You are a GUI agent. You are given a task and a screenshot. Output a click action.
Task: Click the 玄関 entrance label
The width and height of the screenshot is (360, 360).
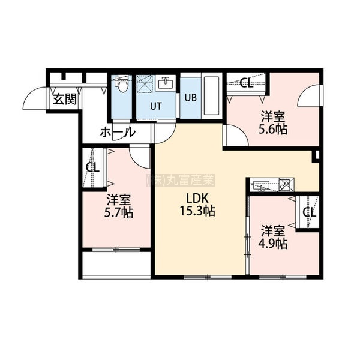65,99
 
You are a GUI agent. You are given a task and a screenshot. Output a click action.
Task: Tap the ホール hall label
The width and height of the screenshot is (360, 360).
117,132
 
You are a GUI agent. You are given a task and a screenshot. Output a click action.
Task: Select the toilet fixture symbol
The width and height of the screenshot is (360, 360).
121,84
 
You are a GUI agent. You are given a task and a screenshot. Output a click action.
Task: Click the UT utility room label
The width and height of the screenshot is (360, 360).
156,106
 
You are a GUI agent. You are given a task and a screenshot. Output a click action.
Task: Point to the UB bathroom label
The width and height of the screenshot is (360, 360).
191,98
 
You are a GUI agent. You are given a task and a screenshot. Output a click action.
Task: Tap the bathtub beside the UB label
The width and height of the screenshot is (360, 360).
211,96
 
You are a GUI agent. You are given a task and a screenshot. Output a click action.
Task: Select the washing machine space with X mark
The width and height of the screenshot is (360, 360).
145,83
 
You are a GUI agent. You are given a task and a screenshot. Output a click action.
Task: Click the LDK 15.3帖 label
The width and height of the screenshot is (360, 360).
197,205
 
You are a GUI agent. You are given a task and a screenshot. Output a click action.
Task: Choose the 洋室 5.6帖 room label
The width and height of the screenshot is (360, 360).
273,123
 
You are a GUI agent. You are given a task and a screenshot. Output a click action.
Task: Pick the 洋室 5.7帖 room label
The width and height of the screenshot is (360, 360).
118,206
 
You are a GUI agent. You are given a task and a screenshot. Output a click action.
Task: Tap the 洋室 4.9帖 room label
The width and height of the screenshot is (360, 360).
273,238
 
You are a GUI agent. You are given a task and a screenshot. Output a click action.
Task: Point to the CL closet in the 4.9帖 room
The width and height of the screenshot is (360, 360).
309,212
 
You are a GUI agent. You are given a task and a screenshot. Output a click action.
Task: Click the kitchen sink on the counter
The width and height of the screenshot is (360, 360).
261,185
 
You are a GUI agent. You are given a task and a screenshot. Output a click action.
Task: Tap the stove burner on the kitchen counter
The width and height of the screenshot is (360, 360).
284,185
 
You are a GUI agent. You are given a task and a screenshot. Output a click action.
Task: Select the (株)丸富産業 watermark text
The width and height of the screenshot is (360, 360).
180,180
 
